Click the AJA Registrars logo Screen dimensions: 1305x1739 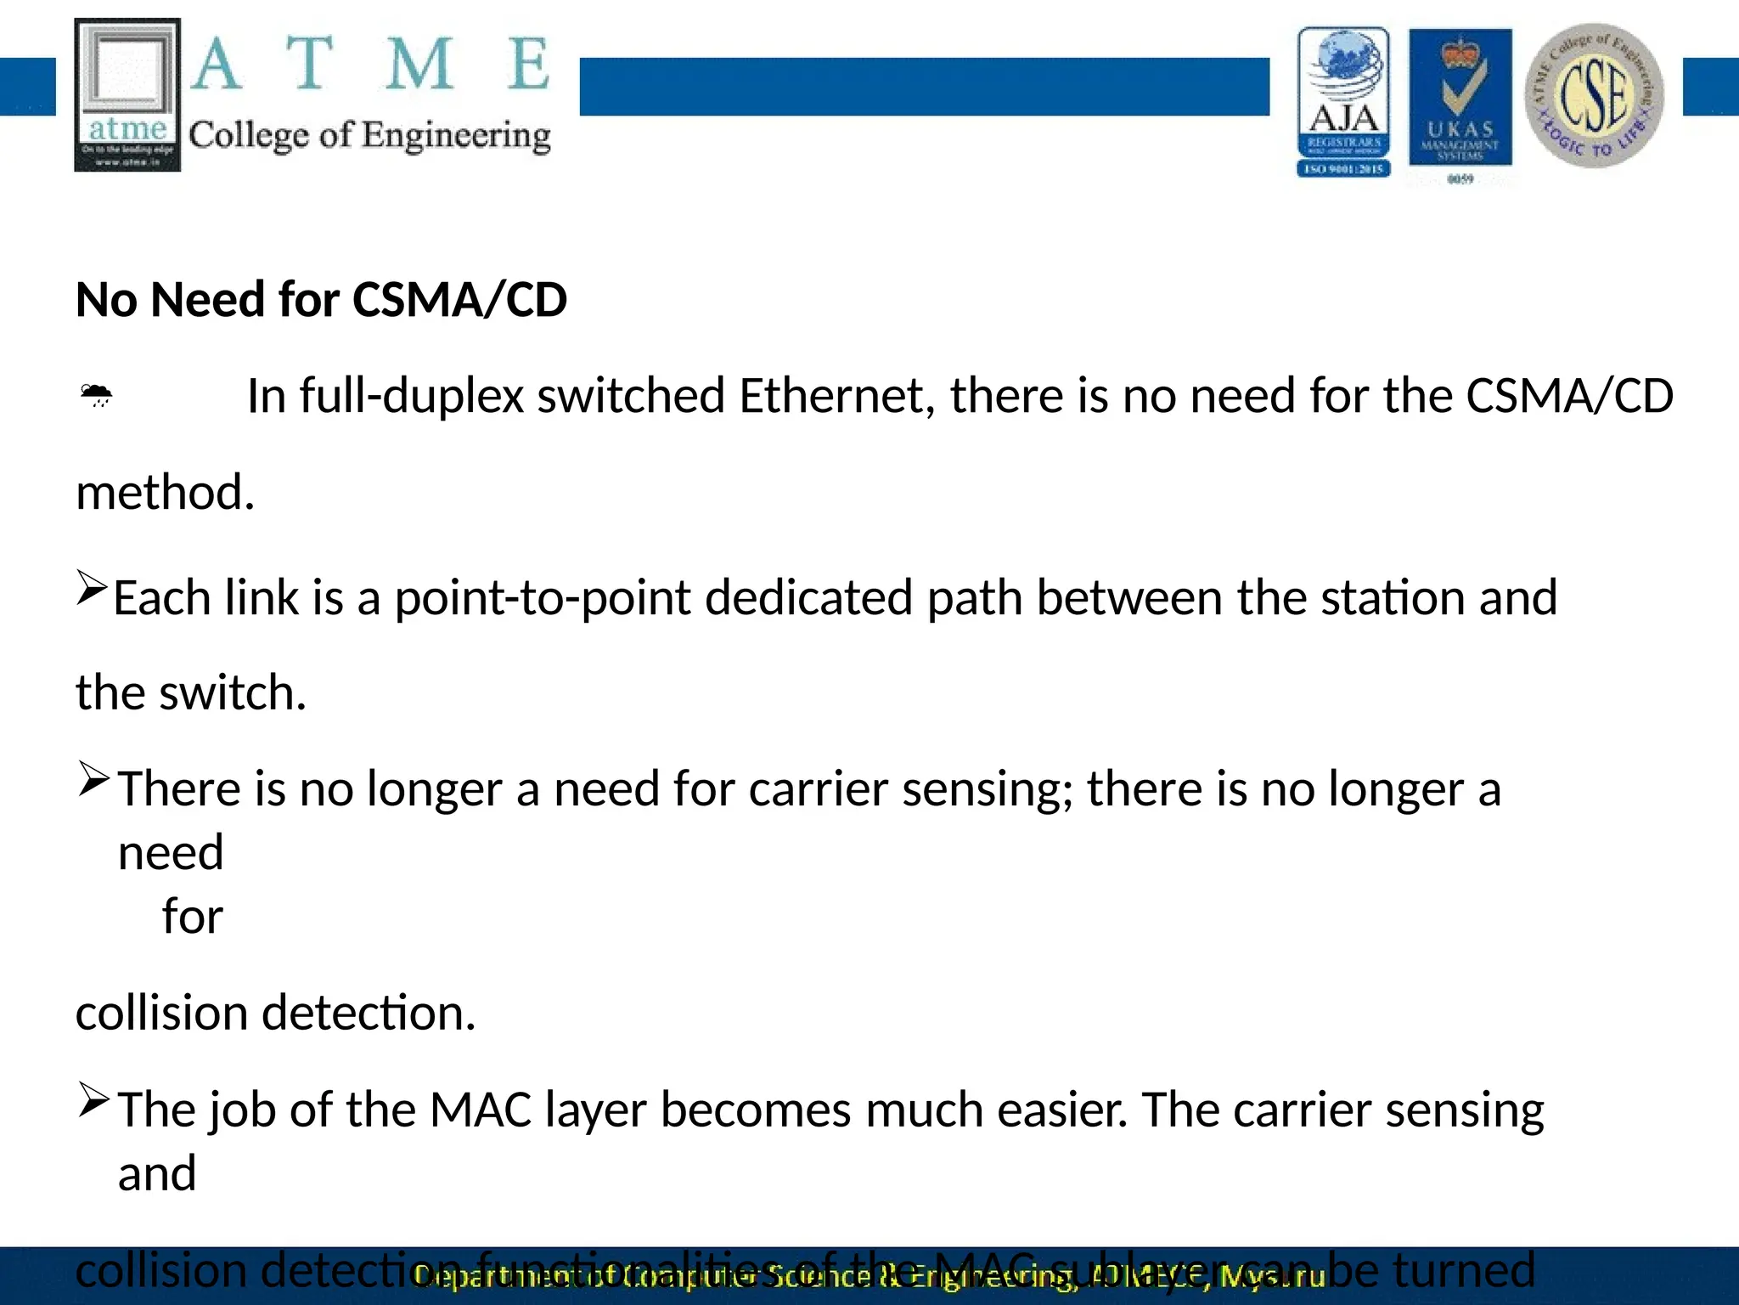click(x=1343, y=102)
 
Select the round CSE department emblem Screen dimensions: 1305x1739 click(x=1594, y=95)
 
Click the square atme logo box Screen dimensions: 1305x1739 click(x=127, y=94)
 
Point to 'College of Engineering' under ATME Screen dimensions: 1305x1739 click(x=369, y=136)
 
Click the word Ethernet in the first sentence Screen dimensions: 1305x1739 click(x=836, y=396)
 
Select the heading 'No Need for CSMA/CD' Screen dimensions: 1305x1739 click(x=321, y=300)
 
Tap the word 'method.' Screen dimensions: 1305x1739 click(x=166, y=493)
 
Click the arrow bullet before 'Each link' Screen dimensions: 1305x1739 click(x=92, y=587)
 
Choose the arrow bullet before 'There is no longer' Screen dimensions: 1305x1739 click(x=93, y=778)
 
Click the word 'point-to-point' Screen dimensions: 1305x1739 click(x=543, y=598)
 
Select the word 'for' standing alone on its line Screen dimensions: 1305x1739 click(x=193, y=917)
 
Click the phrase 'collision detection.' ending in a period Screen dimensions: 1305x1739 click(x=275, y=1014)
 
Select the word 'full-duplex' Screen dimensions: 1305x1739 click(x=410, y=396)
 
